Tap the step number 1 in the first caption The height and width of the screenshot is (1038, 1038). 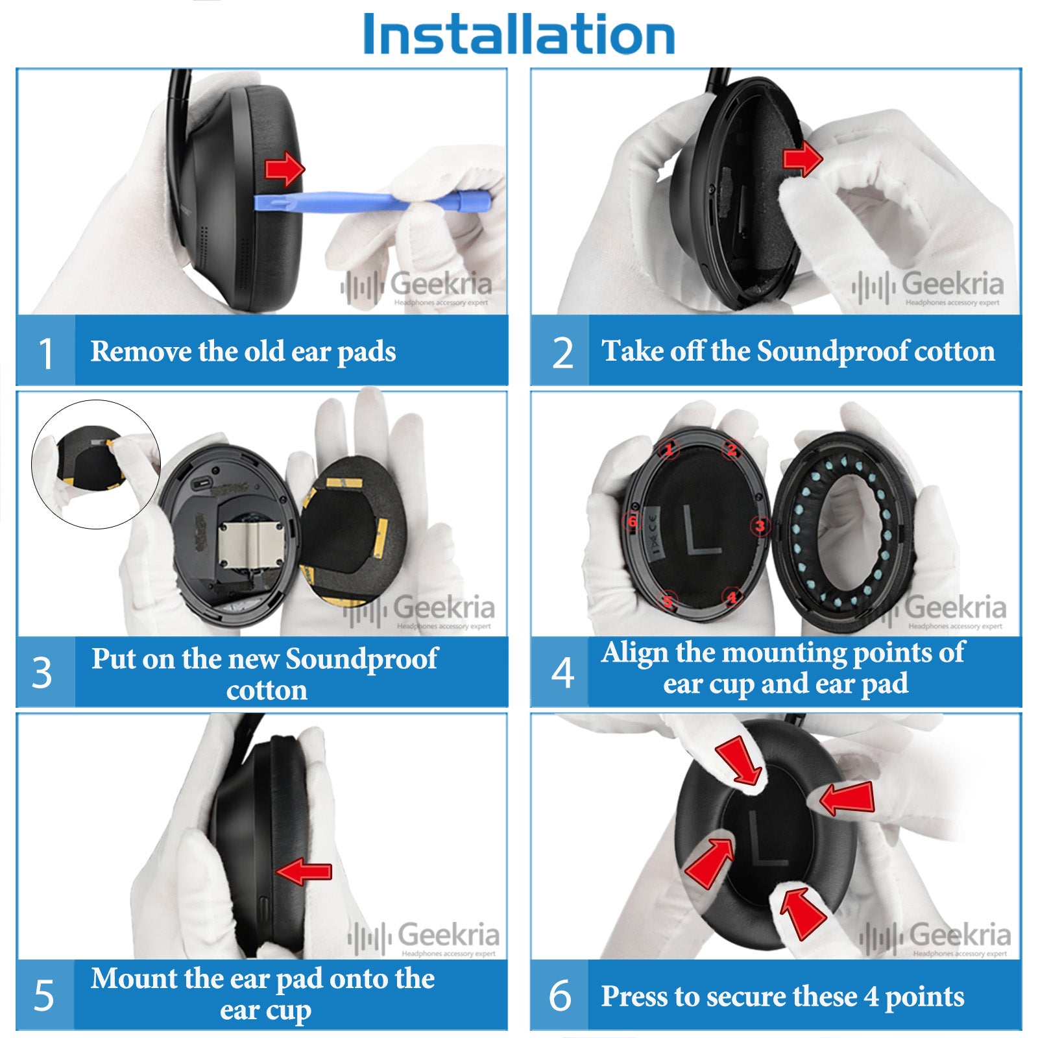(x=46, y=354)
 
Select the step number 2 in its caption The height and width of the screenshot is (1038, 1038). (x=562, y=354)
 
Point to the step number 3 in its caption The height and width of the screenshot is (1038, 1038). (x=42, y=673)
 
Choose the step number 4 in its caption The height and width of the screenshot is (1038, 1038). (x=562, y=673)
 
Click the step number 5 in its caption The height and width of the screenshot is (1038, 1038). (x=43, y=995)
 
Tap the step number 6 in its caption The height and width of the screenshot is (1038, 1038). (x=561, y=995)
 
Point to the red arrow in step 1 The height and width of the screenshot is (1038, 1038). (x=285, y=170)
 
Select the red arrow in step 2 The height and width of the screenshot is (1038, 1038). (x=803, y=158)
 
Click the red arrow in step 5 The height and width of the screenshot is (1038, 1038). (x=304, y=871)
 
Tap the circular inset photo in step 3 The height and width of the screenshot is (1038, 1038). (x=96, y=465)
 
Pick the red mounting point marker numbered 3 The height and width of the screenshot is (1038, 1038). (x=760, y=525)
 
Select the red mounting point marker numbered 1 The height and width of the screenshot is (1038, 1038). (x=669, y=448)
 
